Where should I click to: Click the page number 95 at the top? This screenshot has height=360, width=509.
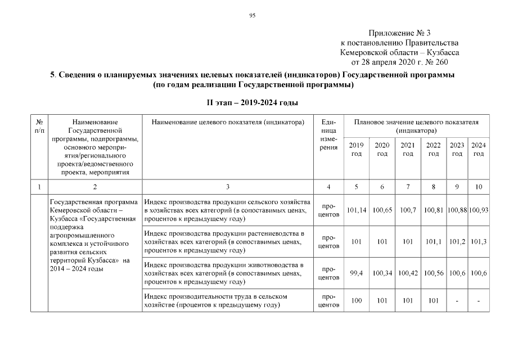[253, 15]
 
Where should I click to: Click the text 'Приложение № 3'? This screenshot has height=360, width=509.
[399, 34]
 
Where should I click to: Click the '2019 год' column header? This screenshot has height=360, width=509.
[356, 149]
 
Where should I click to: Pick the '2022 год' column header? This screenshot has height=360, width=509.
[434, 149]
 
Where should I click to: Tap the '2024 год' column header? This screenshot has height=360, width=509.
[479, 149]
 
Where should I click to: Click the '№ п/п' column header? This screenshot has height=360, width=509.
[39, 125]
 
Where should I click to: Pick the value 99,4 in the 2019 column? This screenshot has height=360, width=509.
[356, 273]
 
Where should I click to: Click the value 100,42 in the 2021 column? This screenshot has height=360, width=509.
[408, 273]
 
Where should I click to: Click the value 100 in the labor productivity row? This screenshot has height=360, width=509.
[356, 300]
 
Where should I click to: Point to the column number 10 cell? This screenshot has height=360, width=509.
[479, 186]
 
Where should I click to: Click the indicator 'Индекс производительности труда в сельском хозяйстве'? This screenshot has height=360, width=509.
[217, 300]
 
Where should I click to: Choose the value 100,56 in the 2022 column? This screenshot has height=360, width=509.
[434, 273]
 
